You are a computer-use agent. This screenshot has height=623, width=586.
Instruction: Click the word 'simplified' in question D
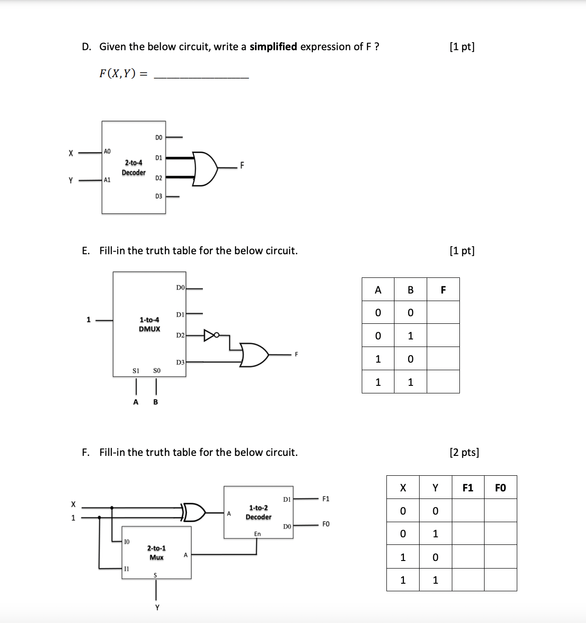273,46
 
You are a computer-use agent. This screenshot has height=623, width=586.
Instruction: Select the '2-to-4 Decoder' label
133,168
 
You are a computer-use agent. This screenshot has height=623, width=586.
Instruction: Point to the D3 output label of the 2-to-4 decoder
158,196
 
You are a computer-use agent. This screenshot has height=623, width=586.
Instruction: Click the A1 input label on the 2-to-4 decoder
107,180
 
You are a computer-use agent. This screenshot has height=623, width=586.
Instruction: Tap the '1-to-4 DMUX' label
149,324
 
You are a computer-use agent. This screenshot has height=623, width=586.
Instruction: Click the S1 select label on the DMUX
136,371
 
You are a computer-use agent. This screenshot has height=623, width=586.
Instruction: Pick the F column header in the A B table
443,290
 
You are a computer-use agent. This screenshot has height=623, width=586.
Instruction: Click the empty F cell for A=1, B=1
443,382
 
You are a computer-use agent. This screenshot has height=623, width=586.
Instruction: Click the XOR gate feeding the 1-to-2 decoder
194,512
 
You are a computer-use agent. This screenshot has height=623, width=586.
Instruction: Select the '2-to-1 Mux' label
156,552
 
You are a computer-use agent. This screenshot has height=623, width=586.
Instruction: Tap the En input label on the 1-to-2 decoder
257,534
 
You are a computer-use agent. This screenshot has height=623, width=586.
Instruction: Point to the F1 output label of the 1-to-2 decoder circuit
326,498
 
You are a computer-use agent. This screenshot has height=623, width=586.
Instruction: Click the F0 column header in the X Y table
500,488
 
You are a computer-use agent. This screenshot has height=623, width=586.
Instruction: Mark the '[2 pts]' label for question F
464,452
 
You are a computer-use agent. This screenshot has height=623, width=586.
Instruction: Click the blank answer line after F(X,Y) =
201,74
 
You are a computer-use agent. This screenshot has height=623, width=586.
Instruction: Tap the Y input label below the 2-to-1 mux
157,607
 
